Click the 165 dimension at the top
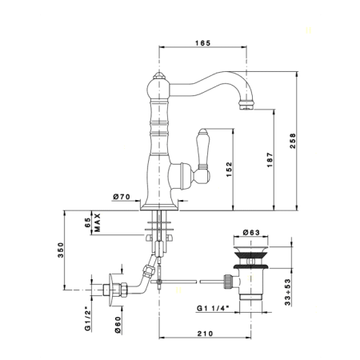(202, 43)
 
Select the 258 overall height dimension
(293, 141)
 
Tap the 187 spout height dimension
(270, 160)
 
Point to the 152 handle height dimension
(229, 170)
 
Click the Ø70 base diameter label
(122, 197)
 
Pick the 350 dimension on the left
(61, 250)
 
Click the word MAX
(98, 222)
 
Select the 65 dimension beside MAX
(88, 222)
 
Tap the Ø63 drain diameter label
(251, 233)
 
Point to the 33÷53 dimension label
(287, 292)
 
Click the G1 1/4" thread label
(213, 308)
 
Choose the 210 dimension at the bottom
(205, 334)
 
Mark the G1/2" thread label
(88, 321)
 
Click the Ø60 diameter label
(118, 325)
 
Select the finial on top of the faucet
(159, 75)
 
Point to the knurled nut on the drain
(228, 282)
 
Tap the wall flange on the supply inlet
(110, 290)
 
